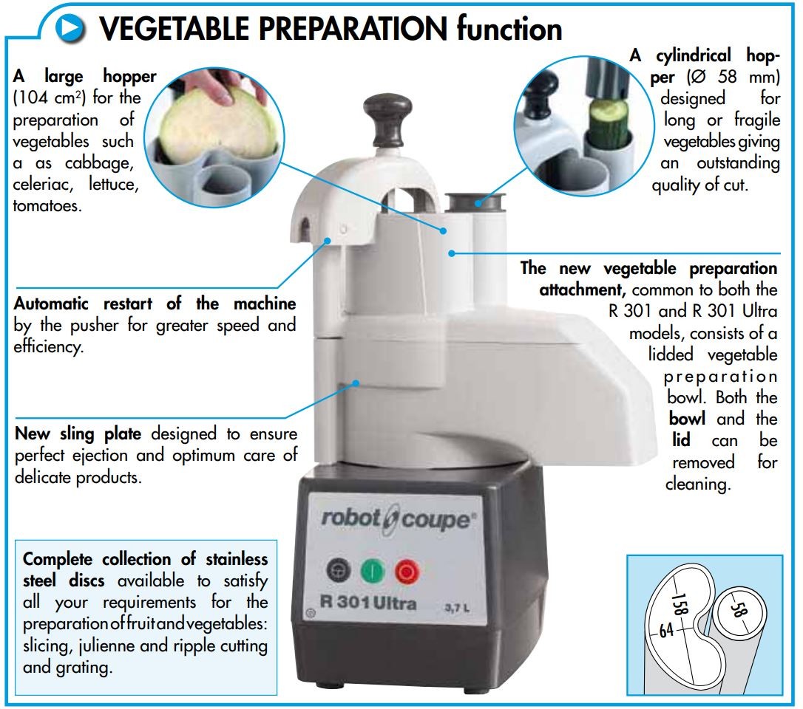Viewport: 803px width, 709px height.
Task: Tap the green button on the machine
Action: [373, 570]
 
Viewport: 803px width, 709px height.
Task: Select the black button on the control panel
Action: [339, 570]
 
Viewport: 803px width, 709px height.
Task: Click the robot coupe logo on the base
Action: [398, 518]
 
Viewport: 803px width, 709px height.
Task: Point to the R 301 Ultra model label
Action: [367, 602]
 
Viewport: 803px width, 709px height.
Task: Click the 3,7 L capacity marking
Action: [456, 608]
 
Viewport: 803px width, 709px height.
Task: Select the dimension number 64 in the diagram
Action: [665, 630]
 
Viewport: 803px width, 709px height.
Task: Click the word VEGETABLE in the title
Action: [174, 29]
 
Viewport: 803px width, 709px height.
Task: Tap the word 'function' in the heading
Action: [509, 28]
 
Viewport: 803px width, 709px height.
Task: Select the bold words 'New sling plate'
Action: [78, 434]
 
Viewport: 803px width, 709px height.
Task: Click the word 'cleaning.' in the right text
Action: [697, 484]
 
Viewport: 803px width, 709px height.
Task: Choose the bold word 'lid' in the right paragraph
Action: [681, 440]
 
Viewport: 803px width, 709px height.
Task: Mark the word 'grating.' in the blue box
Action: [89, 668]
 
